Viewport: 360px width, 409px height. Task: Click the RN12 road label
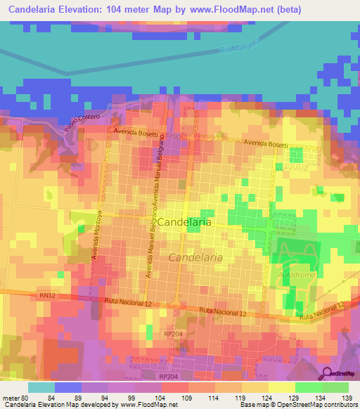click(48, 297)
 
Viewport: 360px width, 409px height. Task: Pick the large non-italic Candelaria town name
click(184, 221)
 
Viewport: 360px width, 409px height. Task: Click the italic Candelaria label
click(195, 258)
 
